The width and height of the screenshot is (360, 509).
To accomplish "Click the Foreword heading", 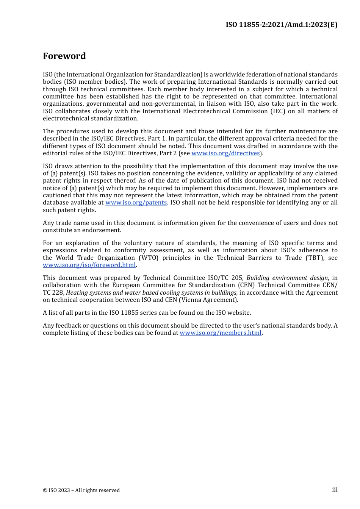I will coord(64,56).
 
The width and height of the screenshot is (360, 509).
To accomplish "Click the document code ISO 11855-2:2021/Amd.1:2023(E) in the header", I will coord(281,25).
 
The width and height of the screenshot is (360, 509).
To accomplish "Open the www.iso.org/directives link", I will coord(225,153).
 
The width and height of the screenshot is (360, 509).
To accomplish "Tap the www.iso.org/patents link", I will coord(136,203).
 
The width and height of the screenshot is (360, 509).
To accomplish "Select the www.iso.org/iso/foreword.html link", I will coord(89,265).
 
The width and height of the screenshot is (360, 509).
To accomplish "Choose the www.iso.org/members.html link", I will coord(221,333).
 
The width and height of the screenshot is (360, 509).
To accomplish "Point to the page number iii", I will coord(335,490).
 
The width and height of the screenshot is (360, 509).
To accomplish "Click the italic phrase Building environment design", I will coord(287,278).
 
